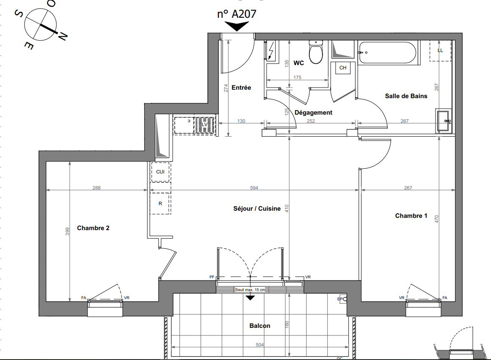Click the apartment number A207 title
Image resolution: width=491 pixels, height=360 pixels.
pyautogui.click(x=237, y=14)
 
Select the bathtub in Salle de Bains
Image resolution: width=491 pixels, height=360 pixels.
pyautogui.click(x=388, y=52)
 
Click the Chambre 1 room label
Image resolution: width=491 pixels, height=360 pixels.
pyautogui.click(x=411, y=216)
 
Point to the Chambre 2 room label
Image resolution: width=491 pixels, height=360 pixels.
pyautogui.click(x=93, y=228)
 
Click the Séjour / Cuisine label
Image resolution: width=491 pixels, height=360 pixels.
pyautogui.click(x=257, y=209)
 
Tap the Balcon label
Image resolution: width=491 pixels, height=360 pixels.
pyautogui.click(x=259, y=326)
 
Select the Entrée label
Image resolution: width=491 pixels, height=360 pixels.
pyautogui.click(x=241, y=88)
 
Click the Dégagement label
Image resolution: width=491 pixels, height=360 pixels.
pyautogui.click(x=313, y=113)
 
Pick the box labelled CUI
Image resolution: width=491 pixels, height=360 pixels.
pyautogui.click(x=160, y=172)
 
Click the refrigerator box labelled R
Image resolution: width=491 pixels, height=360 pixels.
pyautogui.click(x=160, y=203)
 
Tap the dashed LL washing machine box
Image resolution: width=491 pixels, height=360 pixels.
pyautogui.click(x=440, y=51)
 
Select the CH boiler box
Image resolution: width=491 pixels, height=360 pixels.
pyautogui.click(x=342, y=68)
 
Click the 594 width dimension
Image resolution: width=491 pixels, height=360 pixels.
pyautogui.click(x=254, y=188)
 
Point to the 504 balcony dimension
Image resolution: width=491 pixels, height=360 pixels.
pyautogui.click(x=259, y=345)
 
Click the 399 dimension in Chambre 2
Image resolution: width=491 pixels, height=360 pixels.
pyautogui.click(x=68, y=231)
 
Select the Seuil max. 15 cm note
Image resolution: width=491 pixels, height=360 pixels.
pyautogui.click(x=250, y=290)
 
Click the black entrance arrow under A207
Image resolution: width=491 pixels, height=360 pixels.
pyautogui.click(x=237, y=26)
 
